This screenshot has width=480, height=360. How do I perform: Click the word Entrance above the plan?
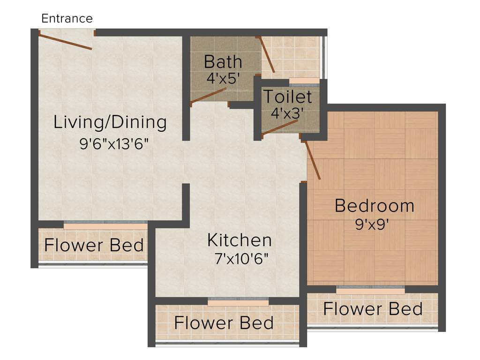point(67,19)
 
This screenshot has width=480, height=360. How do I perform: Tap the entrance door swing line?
point(66,41)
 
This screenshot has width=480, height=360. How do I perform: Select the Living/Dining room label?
point(110,122)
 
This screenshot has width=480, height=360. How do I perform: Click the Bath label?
point(223,61)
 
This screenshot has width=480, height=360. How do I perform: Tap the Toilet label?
point(287,97)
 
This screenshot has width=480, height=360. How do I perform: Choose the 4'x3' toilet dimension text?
point(287,113)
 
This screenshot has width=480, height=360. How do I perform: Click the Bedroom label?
point(374,205)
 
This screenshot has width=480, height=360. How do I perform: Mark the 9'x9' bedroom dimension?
point(374,224)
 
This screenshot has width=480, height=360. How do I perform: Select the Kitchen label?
point(240,240)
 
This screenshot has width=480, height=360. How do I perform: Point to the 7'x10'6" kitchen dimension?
point(240,258)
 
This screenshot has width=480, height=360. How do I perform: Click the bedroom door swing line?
point(313,160)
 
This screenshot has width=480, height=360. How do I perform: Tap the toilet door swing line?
point(280,127)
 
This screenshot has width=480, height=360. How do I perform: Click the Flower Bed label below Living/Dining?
point(94,245)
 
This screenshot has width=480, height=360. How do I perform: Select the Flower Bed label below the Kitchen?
point(224,323)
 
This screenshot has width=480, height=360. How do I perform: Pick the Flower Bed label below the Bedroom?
point(373,309)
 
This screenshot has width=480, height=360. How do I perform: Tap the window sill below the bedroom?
point(370,291)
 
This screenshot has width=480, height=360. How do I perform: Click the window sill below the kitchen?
point(238,303)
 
